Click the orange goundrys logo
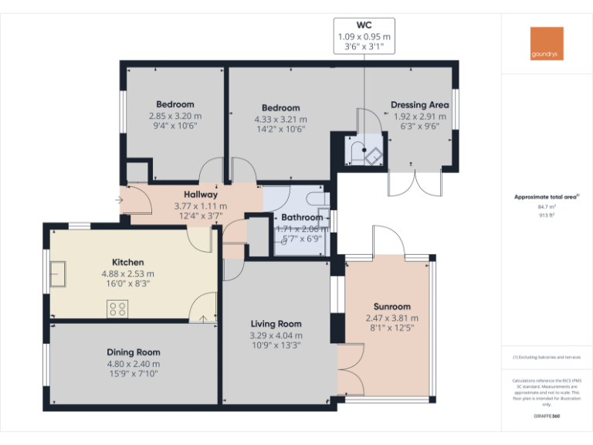tap(547, 44)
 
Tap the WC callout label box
tap(364, 36)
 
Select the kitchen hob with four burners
tap(118, 309)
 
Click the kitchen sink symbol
tap(57, 272)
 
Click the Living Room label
tap(276, 324)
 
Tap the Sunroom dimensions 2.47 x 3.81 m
tap(391, 318)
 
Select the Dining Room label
tap(134, 352)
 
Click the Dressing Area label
tap(419, 105)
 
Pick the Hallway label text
tap(200, 195)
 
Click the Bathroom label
tap(301, 218)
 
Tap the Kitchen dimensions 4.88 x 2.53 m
tap(127, 273)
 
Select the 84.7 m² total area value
tap(547, 207)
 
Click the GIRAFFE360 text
tap(547, 417)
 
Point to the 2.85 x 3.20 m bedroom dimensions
tap(175, 116)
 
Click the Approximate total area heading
tap(546, 197)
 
